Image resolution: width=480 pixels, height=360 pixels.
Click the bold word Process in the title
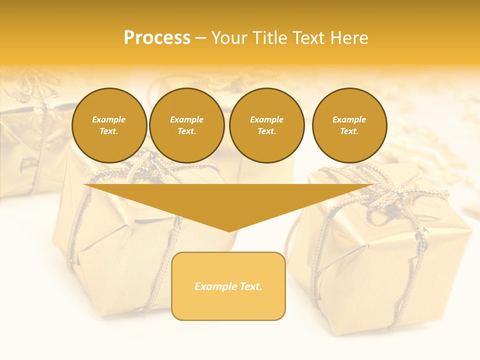(x=157, y=38)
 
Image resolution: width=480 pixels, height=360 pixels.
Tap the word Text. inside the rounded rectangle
(x=250, y=286)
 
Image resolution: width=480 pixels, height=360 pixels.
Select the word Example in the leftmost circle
(x=109, y=119)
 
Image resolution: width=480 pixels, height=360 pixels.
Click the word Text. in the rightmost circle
(x=349, y=131)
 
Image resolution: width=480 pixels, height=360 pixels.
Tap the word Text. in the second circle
(x=187, y=131)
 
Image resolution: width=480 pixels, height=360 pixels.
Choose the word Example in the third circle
(x=266, y=119)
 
